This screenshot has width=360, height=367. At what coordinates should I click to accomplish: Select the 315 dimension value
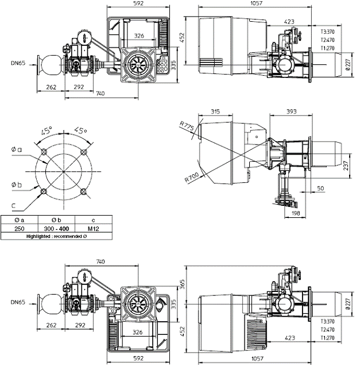pyautogui.click(x=216, y=111)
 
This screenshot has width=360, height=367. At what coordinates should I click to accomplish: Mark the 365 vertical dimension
pyautogui.click(x=182, y=283)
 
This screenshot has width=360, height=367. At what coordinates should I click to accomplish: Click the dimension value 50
pyautogui.click(x=320, y=188)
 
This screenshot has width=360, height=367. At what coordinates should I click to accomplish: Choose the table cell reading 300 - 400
pyautogui.click(x=56, y=228)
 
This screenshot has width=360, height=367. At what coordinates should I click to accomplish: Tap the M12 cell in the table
pyautogui.click(x=94, y=228)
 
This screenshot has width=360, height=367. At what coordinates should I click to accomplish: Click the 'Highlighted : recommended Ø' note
pyautogui.click(x=56, y=236)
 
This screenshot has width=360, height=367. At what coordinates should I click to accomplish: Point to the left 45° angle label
pyautogui.click(x=47, y=131)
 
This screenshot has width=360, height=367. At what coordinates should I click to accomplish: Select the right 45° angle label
pyautogui.click(x=82, y=131)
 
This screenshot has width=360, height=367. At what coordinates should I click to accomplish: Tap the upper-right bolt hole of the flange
pyautogui.click(x=84, y=151)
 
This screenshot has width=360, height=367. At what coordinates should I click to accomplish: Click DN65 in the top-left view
pyautogui.click(x=18, y=61)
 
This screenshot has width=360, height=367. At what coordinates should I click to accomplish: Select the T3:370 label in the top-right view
pyautogui.click(x=328, y=32)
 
